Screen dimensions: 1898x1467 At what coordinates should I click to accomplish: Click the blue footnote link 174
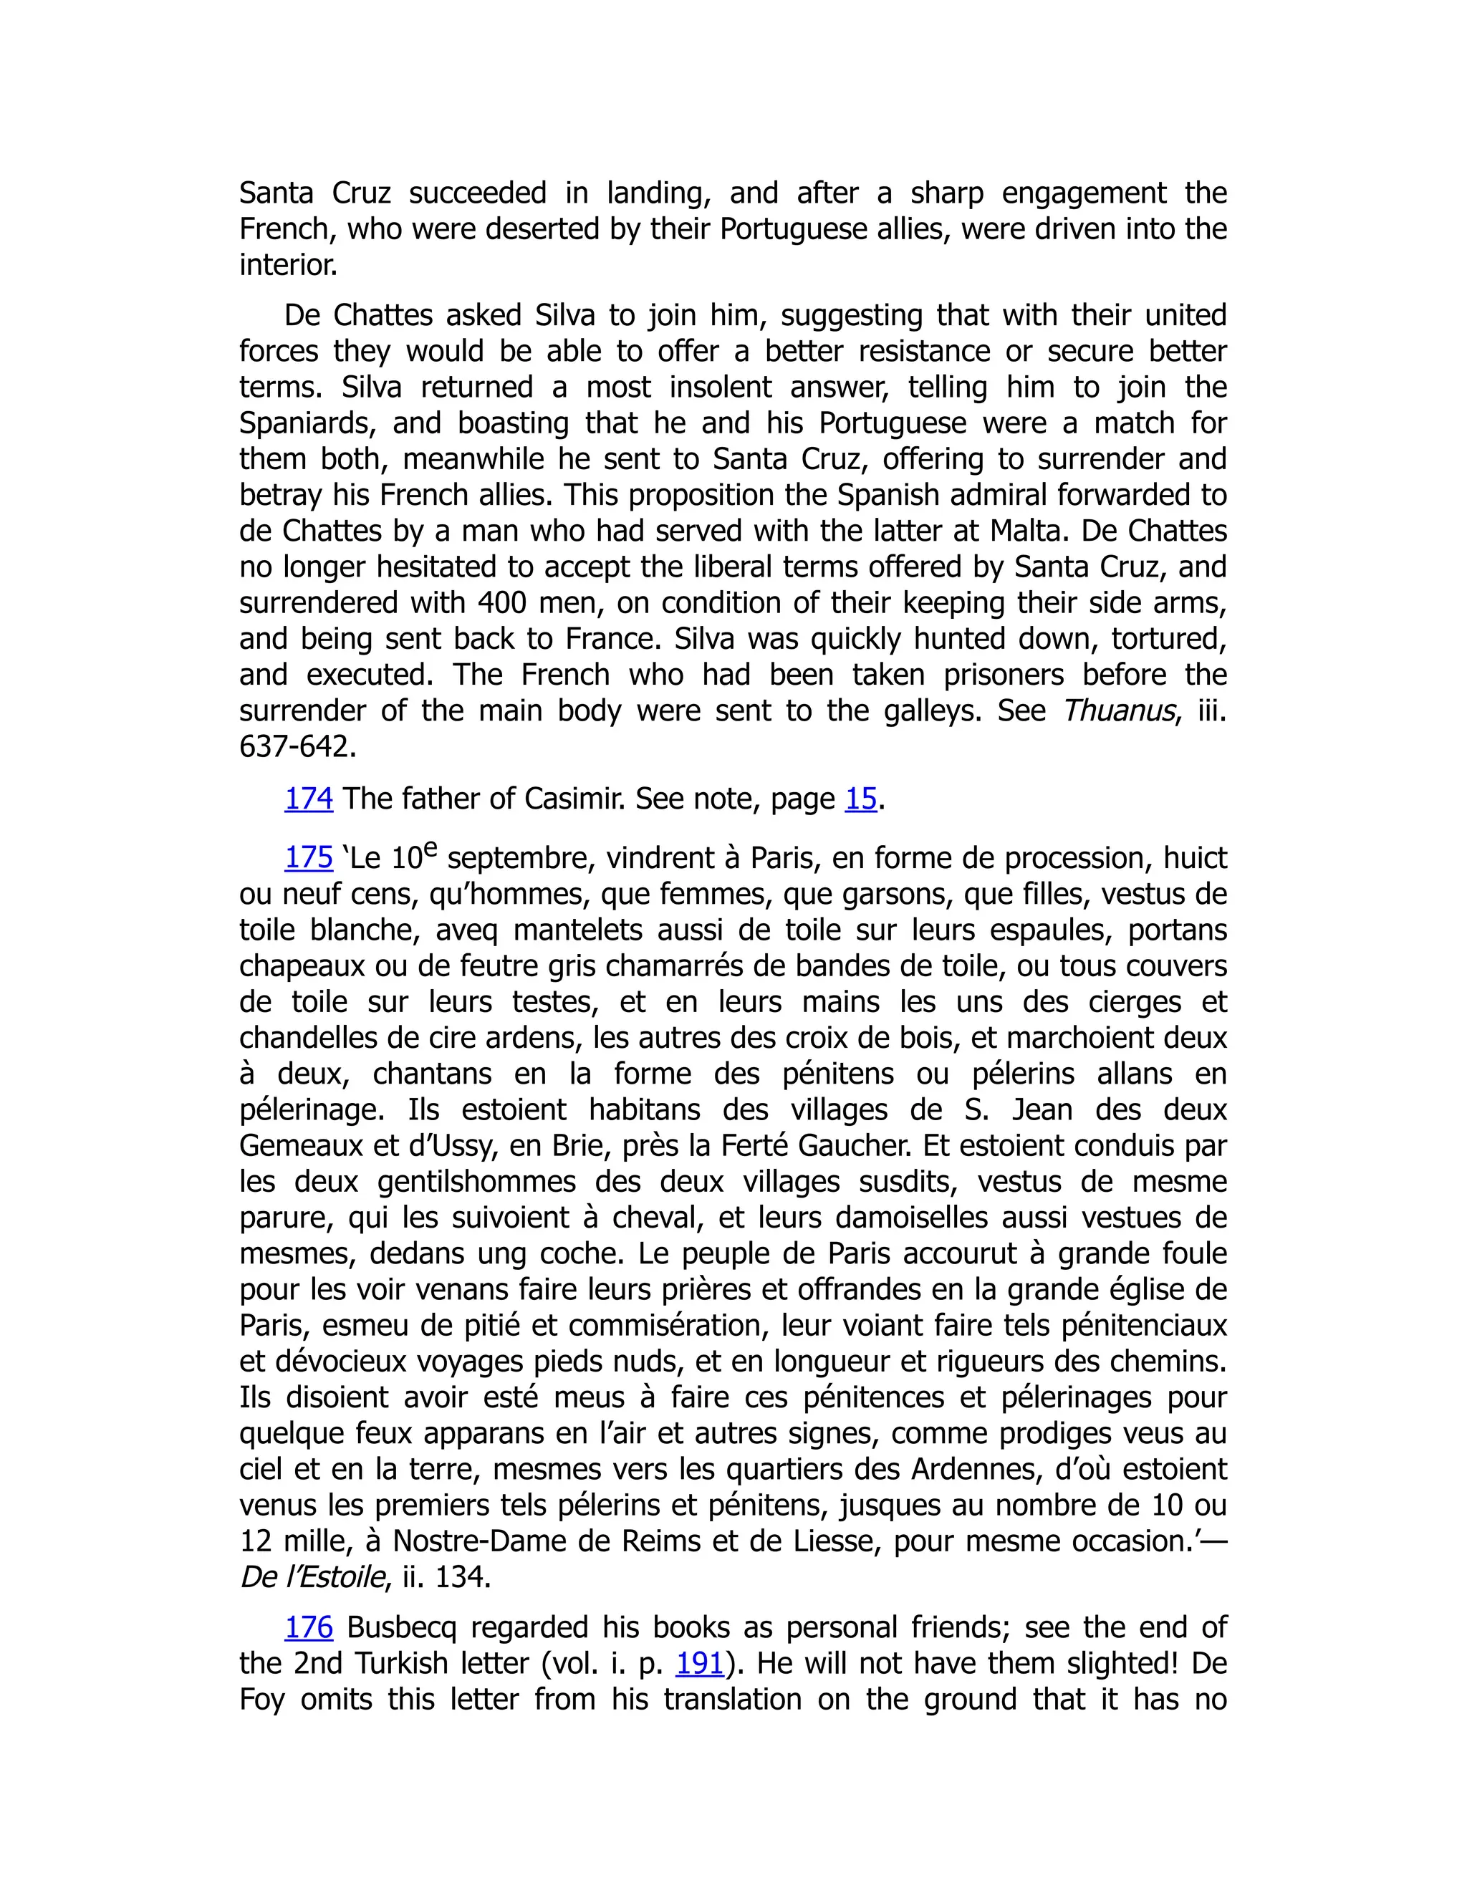tap(309, 799)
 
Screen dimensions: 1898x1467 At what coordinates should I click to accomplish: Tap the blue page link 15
tap(860, 799)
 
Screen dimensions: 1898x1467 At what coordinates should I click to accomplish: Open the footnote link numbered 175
tap(309, 858)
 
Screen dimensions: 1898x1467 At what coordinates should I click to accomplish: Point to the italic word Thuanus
tap(1118, 711)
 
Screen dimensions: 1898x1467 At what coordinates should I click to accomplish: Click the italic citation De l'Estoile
tap(312, 1577)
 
